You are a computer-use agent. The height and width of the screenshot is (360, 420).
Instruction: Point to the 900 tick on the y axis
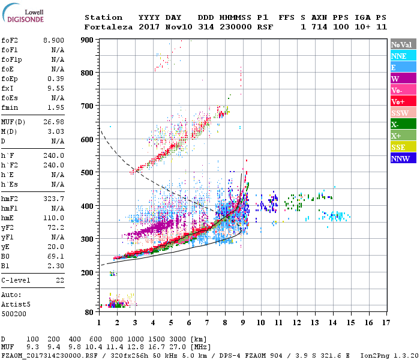(x=88, y=40)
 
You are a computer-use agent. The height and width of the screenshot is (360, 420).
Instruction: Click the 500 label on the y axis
(x=88, y=173)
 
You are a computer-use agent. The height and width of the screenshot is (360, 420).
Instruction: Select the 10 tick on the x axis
(x=261, y=323)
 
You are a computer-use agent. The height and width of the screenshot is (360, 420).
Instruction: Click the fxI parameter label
(x=8, y=88)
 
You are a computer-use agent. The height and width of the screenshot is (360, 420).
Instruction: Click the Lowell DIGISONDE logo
(x=25, y=16)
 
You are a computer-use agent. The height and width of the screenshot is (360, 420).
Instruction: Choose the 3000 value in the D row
(x=178, y=339)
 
